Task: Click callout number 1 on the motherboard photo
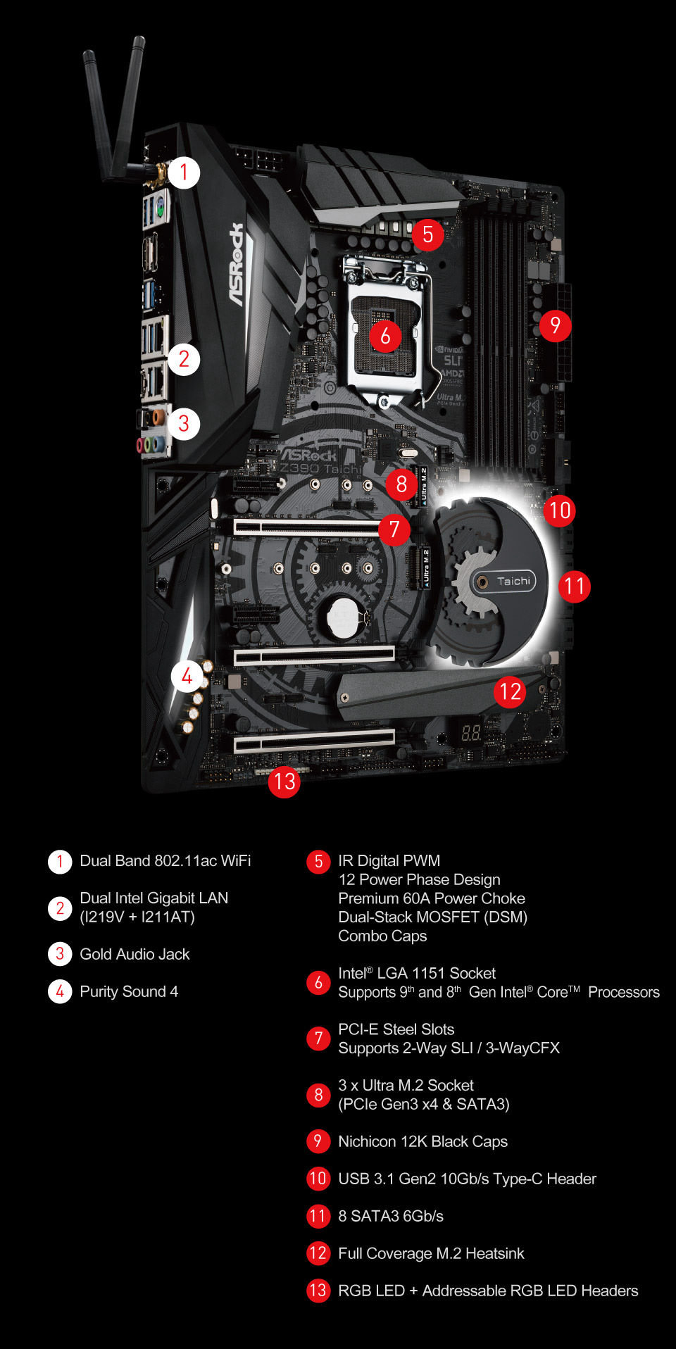tap(184, 172)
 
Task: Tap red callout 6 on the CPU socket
tap(385, 336)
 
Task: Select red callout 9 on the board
tap(555, 325)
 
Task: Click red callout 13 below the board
tap(284, 782)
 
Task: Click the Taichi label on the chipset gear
tap(513, 582)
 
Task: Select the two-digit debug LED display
tap(470, 734)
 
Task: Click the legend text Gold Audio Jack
tap(134, 954)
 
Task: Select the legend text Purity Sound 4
tap(129, 991)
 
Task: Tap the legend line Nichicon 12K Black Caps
tap(423, 1141)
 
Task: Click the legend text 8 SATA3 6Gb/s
tap(391, 1216)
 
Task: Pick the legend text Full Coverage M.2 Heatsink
tap(431, 1253)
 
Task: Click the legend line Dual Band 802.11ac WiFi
tap(165, 860)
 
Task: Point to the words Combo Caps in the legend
tap(382, 936)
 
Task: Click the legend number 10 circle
tap(318, 1179)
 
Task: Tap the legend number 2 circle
tap(60, 908)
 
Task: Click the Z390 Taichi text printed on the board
tap(320, 469)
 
